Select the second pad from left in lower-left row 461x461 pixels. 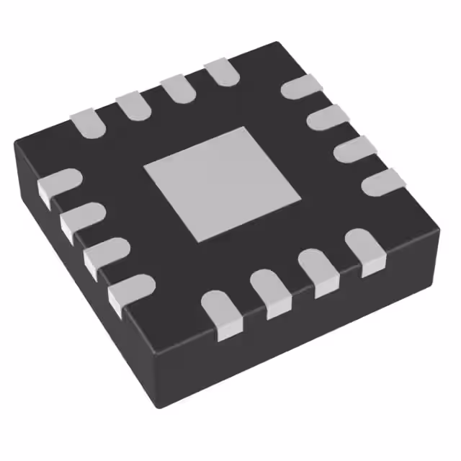[x=81, y=220]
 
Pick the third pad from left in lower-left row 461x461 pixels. [x=105, y=254]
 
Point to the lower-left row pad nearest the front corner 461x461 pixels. [x=130, y=291]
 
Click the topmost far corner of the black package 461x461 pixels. [x=276, y=44]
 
